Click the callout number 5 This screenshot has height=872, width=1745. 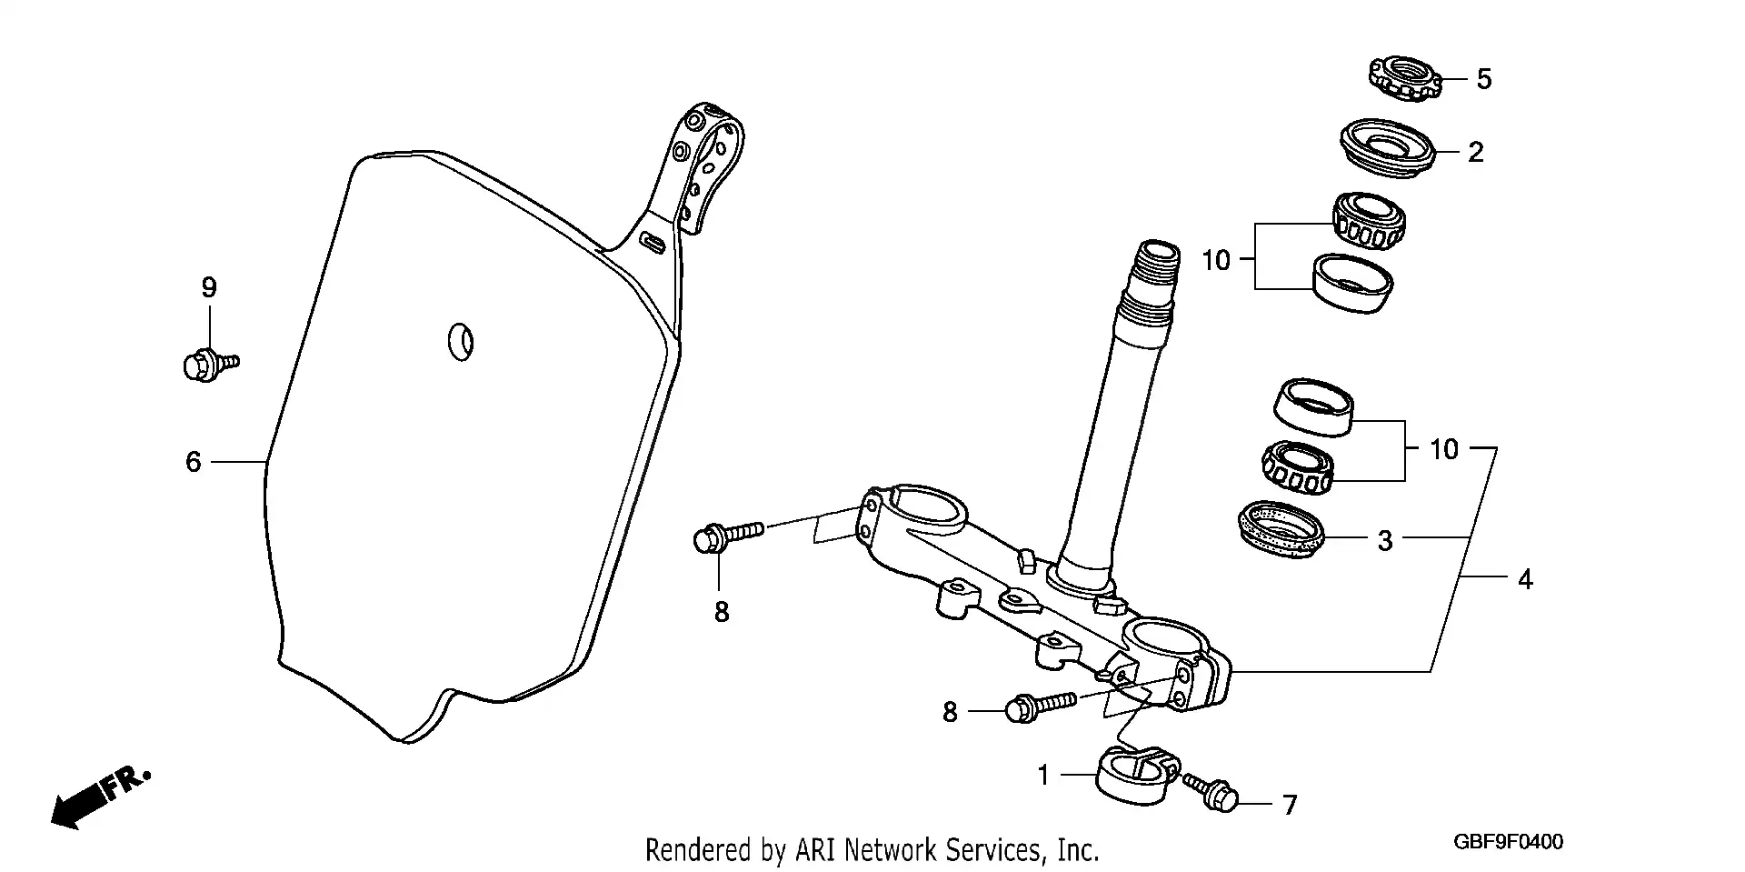point(1483,79)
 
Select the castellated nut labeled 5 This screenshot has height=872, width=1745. point(1405,78)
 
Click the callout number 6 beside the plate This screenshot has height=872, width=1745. point(193,462)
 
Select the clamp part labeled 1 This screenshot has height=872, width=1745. point(1133,776)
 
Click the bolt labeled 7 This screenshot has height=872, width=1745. point(1212,792)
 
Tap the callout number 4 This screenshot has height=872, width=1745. point(1525,579)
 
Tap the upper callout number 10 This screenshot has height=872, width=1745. point(1215,261)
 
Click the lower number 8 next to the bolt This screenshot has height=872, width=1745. point(950,712)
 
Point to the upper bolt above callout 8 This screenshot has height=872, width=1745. point(727,534)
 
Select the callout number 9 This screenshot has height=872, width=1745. point(209,288)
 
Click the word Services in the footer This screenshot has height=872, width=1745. point(997,850)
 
